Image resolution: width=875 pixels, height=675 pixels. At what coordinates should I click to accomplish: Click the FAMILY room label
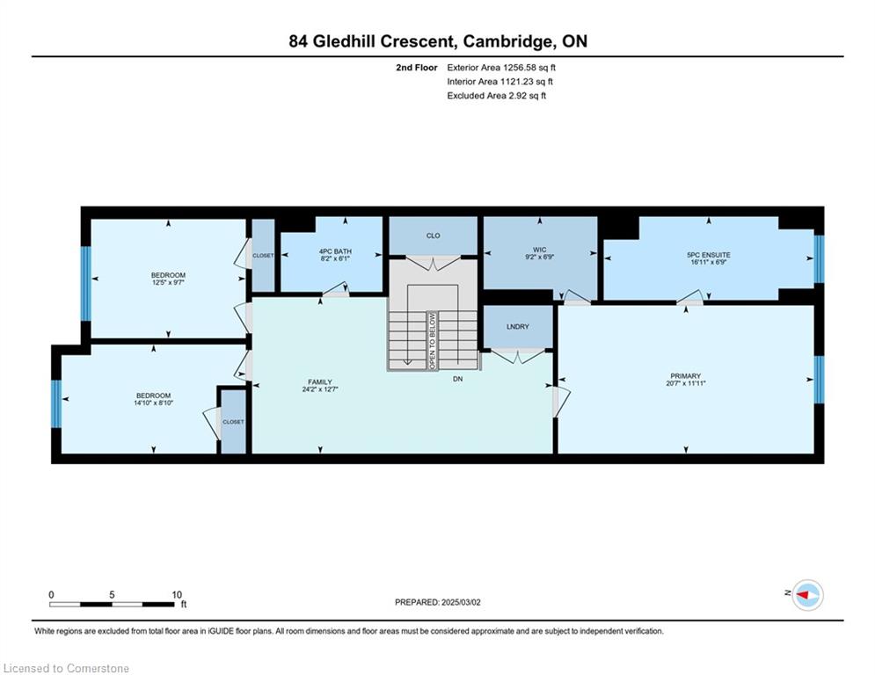tap(320, 382)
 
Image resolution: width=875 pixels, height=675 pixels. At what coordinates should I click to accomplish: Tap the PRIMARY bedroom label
tap(685, 376)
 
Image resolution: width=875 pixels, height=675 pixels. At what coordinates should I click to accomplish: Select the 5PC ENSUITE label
tap(709, 255)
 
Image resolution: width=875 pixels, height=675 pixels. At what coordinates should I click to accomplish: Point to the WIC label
tap(540, 250)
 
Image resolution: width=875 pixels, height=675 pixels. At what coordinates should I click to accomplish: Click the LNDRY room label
tap(518, 326)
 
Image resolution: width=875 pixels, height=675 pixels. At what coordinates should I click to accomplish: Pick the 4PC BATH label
tap(335, 251)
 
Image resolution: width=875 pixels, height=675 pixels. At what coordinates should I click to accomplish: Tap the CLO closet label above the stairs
tap(433, 236)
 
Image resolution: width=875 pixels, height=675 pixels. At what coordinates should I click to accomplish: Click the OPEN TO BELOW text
tap(432, 340)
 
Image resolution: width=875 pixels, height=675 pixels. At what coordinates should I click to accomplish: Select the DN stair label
tap(457, 379)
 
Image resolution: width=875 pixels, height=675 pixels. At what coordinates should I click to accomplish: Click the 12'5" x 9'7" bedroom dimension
tap(168, 282)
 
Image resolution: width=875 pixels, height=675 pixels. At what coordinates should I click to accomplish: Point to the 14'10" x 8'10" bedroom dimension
tap(154, 403)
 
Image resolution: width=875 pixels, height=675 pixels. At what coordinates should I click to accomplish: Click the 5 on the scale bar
tap(112, 595)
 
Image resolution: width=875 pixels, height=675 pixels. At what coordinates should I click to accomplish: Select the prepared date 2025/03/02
tap(461, 602)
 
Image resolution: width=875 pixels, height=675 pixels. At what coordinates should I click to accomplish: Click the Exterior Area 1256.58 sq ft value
tap(501, 68)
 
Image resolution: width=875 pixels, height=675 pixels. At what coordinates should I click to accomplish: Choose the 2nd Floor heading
tap(417, 68)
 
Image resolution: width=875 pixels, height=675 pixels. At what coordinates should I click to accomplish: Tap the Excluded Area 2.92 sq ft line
tap(497, 96)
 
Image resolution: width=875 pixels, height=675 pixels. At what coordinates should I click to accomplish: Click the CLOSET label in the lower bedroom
tap(233, 422)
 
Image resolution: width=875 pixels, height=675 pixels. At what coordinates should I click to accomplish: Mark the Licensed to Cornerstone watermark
tap(66, 668)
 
